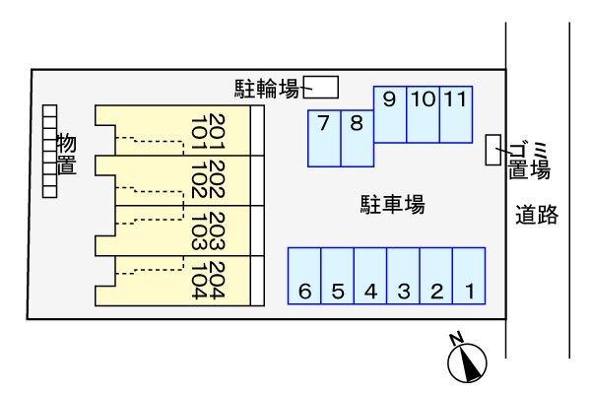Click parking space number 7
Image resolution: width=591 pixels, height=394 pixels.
(324, 137)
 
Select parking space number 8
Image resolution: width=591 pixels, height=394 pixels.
(357, 137)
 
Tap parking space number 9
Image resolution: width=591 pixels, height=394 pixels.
(390, 113)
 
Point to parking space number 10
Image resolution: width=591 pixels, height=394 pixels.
(423, 113)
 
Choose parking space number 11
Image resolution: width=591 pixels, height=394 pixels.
(455, 113)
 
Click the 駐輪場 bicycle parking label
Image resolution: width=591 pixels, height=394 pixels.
(267, 89)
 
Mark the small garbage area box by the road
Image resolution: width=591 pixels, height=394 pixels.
(493, 150)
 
